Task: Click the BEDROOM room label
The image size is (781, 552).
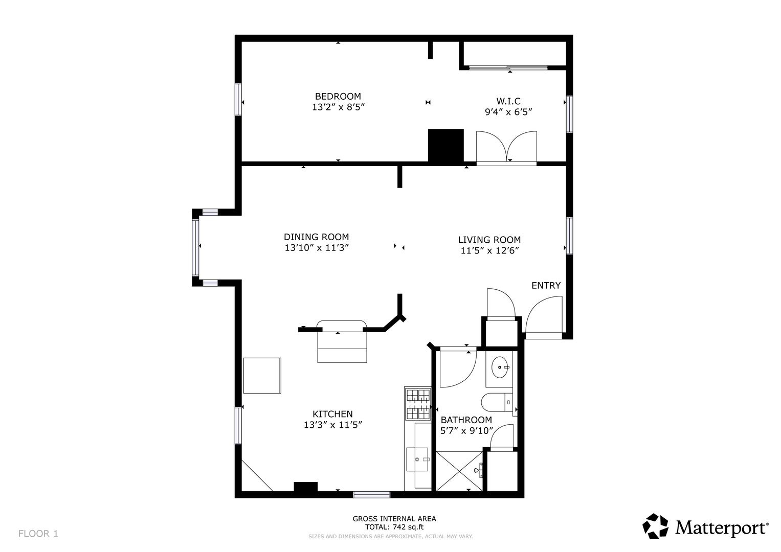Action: [x=338, y=96]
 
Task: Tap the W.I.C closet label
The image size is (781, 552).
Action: [x=508, y=101]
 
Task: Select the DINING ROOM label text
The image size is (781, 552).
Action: [x=316, y=237]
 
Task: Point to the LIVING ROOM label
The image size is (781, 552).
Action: [x=489, y=240]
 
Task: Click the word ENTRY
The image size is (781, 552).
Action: [x=546, y=285]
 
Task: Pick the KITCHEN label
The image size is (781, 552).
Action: [x=332, y=414]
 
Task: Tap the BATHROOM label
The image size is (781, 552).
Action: [x=466, y=420]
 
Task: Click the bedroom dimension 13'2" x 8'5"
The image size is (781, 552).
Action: [x=338, y=107]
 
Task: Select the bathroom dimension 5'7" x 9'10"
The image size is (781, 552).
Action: [x=466, y=431]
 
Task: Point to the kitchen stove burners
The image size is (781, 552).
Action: [x=418, y=404]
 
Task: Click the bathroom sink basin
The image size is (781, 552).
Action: [x=500, y=367]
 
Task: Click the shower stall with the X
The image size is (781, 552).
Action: [x=459, y=471]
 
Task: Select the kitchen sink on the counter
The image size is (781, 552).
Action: [x=417, y=459]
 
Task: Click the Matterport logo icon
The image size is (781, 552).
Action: [x=656, y=526]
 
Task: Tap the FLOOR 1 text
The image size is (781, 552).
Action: [x=38, y=534]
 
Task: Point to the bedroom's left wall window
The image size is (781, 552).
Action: [x=238, y=99]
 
